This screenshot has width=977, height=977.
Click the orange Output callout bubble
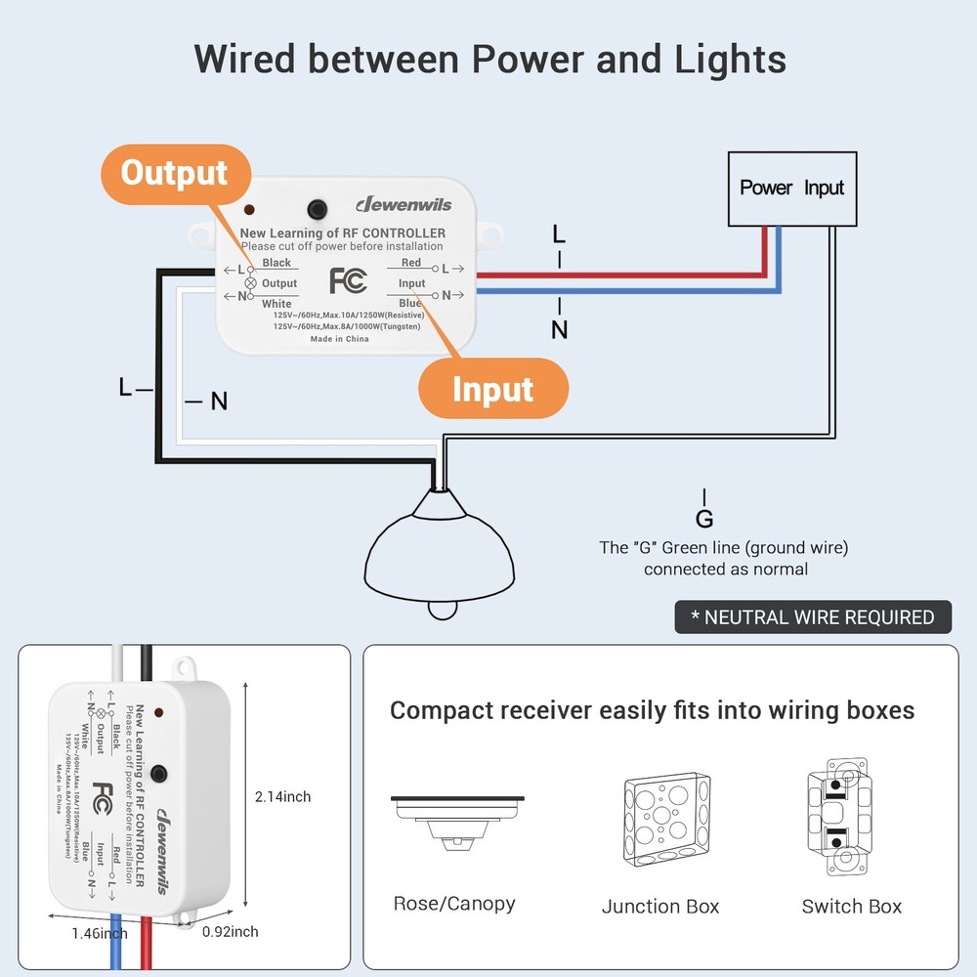tap(174, 174)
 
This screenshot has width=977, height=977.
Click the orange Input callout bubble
tap(492, 389)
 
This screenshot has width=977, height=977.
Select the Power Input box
tap(791, 188)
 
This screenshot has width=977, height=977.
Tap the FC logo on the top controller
tap(348, 280)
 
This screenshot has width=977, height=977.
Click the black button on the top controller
tap(317, 209)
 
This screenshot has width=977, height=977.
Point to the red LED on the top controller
tap(251, 210)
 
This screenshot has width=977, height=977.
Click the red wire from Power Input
tap(625, 276)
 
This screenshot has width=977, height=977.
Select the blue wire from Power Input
tap(625, 290)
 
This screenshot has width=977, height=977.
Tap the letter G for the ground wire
tap(704, 519)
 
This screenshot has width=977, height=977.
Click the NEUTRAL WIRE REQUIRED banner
tap(813, 617)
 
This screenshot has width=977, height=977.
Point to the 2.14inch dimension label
tap(282, 797)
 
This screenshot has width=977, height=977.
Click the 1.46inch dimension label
tap(99, 933)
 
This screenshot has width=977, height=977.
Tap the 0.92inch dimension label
tap(230, 932)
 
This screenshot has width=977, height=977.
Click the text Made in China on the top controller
tap(339, 339)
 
